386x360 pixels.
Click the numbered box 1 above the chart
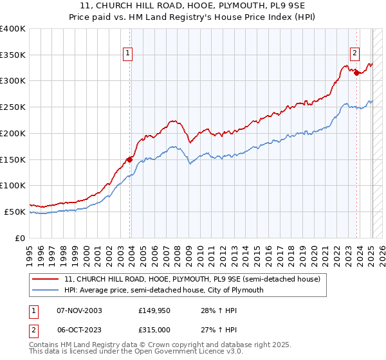[127, 54]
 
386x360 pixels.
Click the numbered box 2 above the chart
[354, 54]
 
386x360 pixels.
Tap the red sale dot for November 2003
[130, 159]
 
